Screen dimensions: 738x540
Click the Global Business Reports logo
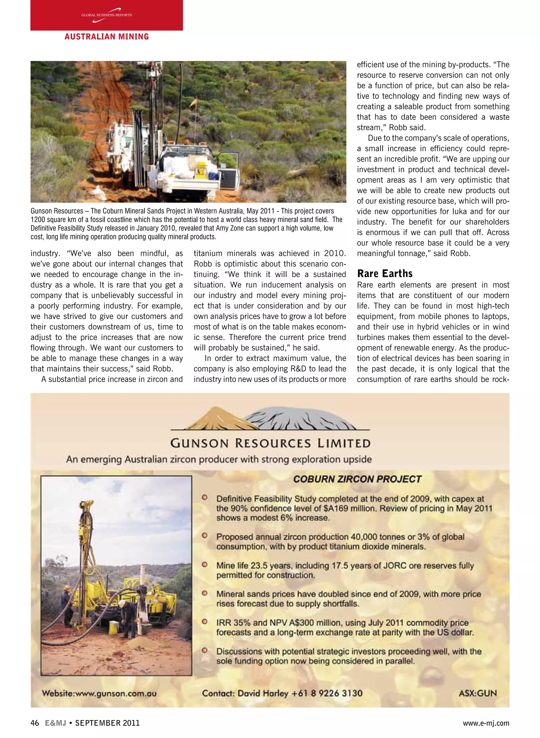point(107,15)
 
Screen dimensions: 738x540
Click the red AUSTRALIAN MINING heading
point(107,37)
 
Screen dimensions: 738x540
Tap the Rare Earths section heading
point(384,273)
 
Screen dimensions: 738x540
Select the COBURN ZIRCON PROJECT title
point(357,479)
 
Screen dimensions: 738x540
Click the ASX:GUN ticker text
point(478,693)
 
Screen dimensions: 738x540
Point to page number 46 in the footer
point(35,723)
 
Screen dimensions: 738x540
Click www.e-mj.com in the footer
point(486,723)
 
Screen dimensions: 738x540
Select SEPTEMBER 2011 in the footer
point(108,723)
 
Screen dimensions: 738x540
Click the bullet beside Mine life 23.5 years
point(205,565)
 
